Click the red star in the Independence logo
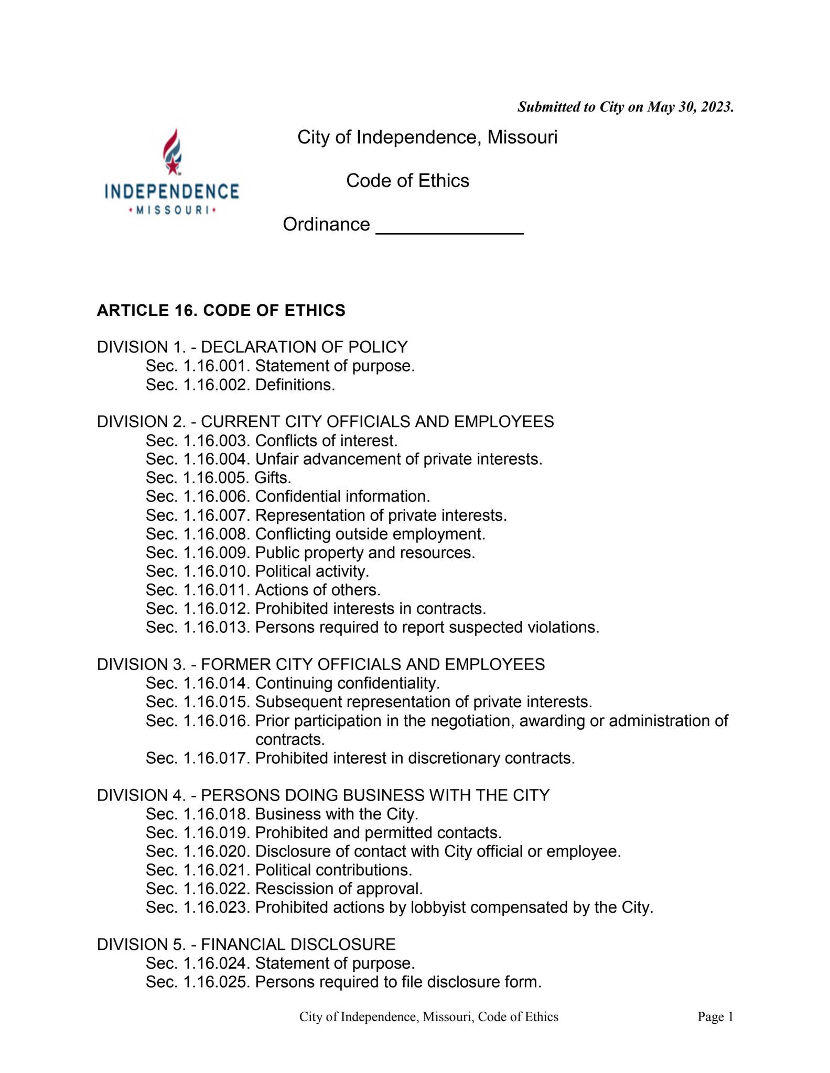172,166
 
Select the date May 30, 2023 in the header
689,107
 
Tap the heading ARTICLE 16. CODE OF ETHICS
221,311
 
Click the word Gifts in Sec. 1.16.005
272,478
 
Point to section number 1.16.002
215,385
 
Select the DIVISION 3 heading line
320,664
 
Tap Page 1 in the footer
715,1017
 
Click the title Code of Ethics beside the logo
407,181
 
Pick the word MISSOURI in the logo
172,211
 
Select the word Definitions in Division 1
295,385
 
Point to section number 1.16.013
215,627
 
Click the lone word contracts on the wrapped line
290,739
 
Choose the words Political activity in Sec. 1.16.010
312,571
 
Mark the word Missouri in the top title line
522,137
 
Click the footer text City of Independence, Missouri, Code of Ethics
428,1017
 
